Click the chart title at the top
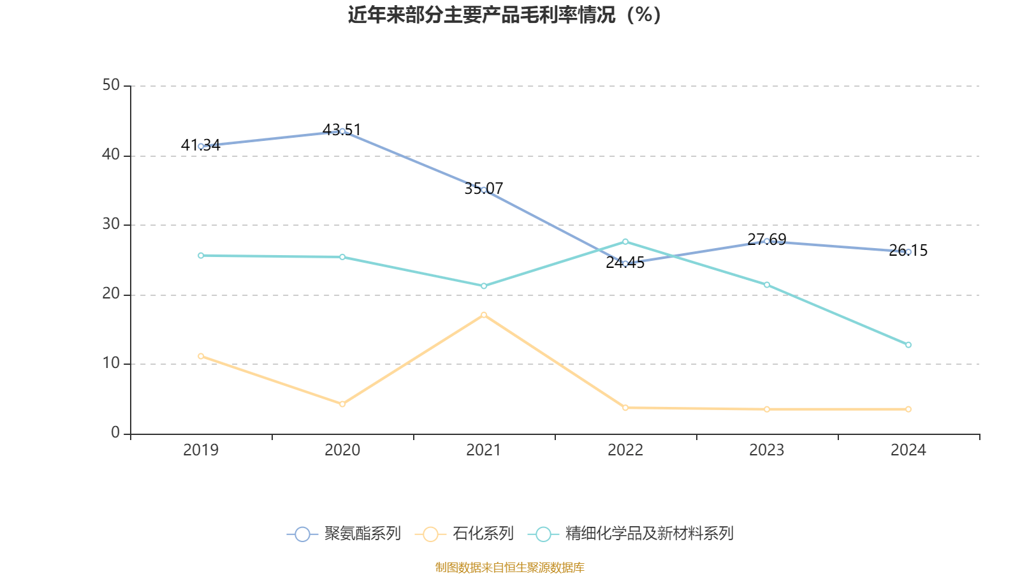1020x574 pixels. [505, 15]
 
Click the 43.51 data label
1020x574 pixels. [342, 130]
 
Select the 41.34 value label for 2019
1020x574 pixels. [200, 145]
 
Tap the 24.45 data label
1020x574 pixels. [625, 263]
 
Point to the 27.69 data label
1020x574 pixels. [766, 240]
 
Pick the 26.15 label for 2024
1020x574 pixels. [908, 251]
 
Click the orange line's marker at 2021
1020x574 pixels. [484, 314]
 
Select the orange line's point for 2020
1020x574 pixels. [342, 404]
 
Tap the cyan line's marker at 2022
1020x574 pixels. [625, 242]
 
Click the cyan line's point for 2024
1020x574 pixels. [908, 345]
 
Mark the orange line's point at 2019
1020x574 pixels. [201, 356]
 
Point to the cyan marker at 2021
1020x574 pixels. [484, 286]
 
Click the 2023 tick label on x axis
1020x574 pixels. [766, 450]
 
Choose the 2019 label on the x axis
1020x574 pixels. [201, 450]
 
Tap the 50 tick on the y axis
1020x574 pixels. [111, 85]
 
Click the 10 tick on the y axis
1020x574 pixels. [111, 364]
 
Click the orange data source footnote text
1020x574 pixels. [509, 567]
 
